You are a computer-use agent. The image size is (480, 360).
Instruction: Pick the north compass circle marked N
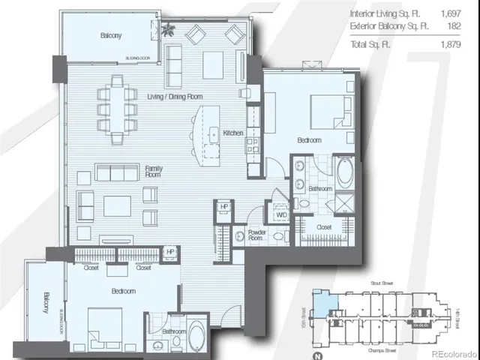point(318,355)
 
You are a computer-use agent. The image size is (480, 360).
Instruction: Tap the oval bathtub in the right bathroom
point(345,173)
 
